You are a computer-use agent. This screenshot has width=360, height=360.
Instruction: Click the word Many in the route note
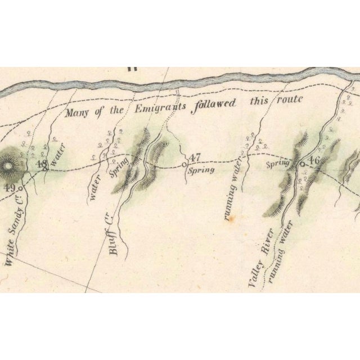click(78, 112)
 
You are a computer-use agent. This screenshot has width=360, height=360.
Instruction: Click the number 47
click(195, 157)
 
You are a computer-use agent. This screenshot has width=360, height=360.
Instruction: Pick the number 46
click(313, 160)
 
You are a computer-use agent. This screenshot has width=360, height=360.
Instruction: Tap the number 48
click(41, 164)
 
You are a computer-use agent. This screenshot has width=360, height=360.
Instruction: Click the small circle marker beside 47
click(184, 164)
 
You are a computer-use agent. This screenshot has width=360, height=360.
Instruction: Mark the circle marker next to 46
click(302, 164)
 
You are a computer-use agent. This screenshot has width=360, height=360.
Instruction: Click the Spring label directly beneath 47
click(201, 169)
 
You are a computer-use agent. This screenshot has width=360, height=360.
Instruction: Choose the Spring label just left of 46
click(277, 164)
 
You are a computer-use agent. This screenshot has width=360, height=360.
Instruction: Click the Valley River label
click(260, 260)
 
